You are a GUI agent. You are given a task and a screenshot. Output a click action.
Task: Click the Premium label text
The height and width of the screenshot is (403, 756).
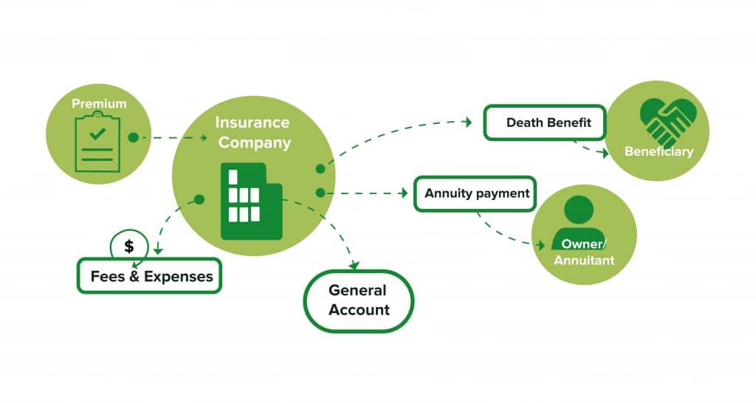(99, 104)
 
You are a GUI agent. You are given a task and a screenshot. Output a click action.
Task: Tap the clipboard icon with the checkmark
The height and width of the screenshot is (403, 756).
(97, 142)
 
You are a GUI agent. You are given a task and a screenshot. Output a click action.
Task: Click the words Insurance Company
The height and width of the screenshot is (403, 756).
(252, 132)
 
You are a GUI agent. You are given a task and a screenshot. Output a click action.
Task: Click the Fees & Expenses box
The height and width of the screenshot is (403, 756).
(149, 276)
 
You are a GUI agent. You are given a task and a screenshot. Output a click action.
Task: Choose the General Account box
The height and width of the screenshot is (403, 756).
(359, 300)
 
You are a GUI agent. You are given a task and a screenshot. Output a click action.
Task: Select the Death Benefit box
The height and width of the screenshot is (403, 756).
(544, 123)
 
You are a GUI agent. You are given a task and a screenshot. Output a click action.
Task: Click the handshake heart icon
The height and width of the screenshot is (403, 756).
(667, 121)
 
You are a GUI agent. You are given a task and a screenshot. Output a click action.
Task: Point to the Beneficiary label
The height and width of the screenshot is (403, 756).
(659, 152)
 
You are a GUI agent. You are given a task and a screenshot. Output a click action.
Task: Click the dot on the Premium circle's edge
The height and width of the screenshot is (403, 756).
(133, 137)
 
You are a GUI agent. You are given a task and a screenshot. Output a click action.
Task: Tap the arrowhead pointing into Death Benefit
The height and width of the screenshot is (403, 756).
(468, 123)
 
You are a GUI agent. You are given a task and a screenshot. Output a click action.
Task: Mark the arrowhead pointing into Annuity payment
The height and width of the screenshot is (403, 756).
(404, 193)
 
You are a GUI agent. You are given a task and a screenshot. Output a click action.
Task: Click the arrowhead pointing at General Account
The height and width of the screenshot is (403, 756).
(354, 265)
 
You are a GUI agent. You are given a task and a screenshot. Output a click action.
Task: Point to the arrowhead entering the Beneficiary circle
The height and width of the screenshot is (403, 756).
(606, 154)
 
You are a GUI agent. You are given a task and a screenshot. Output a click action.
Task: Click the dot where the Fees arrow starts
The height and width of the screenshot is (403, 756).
(199, 199)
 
